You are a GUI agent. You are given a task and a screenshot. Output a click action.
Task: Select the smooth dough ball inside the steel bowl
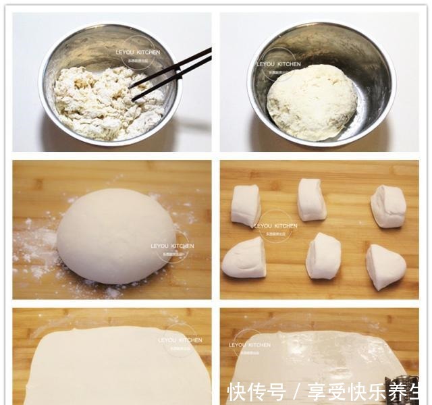point(311,101)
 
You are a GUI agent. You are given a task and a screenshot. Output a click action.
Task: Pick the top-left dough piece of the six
point(246,205)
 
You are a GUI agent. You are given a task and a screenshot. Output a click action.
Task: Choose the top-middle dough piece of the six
point(312,199)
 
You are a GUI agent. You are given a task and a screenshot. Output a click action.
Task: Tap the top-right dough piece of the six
point(388,206)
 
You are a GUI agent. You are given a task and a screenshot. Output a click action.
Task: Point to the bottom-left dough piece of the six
point(244,258)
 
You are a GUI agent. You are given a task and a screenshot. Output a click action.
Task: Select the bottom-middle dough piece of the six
point(323,256)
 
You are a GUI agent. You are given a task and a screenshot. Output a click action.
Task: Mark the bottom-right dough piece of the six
point(385,266)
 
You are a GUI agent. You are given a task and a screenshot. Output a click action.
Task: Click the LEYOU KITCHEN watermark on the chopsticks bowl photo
point(140,52)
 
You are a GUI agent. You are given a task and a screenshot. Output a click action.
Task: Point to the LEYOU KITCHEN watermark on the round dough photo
point(172,246)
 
